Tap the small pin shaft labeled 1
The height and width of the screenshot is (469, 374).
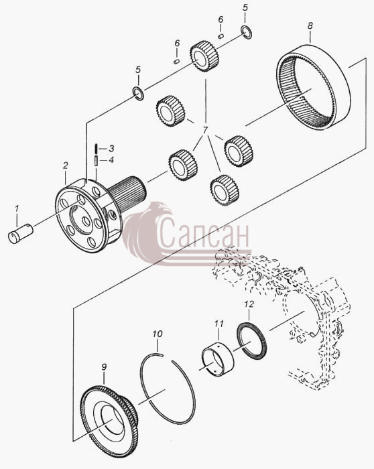(x=20, y=233)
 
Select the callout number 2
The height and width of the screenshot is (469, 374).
(x=66, y=166)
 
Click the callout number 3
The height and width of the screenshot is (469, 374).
(x=111, y=148)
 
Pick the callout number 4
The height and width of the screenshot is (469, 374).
(x=111, y=160)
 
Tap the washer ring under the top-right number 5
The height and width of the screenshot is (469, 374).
(x=247, y=32)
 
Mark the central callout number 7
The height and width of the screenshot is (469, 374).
(x=205, y=131)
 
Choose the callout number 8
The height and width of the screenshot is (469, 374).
(x=310, y=26)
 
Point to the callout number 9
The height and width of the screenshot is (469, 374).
(x=104, y=367)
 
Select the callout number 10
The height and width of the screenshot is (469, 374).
(x=158, y=334)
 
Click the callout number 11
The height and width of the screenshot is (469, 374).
(x=219, y=324)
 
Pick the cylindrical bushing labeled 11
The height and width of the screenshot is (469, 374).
(x=217, y=358)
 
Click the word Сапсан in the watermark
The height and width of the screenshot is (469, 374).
(x=204, y=232)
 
